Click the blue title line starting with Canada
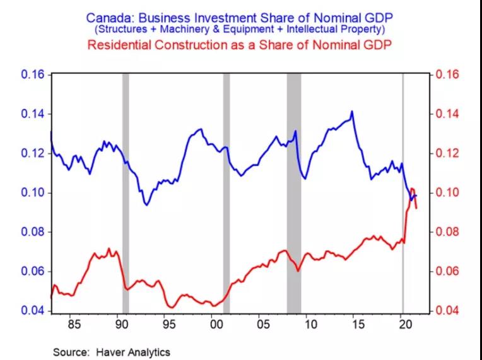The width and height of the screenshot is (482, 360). tap(240, 16)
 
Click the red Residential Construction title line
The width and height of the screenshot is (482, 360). tap(241, 45)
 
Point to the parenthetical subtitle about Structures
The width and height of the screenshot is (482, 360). tap(241, 29)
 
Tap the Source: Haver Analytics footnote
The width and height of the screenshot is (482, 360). tap(112, 352)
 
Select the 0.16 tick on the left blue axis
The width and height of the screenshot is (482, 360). tap(33, 74)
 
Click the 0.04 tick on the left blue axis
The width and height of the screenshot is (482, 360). tap(33, 311)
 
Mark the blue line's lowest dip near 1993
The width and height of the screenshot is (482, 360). tap(147, 204)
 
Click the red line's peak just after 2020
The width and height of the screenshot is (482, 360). tap(412, 189)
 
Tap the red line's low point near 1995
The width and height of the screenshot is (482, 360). tap(170, 307)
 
